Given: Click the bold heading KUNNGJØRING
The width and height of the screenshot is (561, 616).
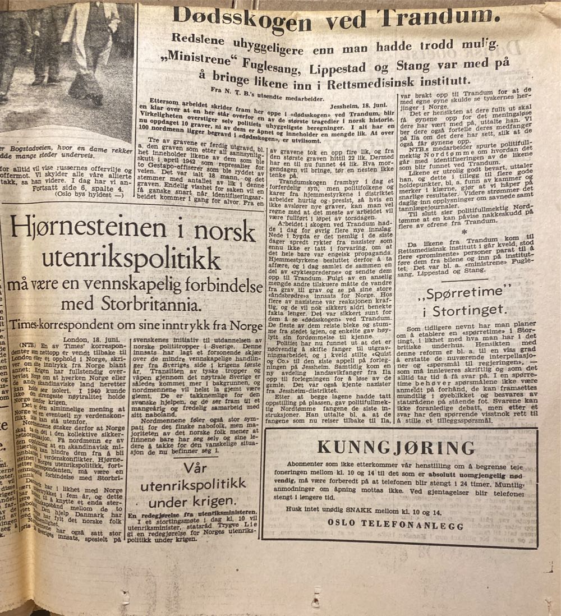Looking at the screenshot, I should coord(396,447).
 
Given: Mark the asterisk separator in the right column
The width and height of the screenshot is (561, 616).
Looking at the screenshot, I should coord(463,231).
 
